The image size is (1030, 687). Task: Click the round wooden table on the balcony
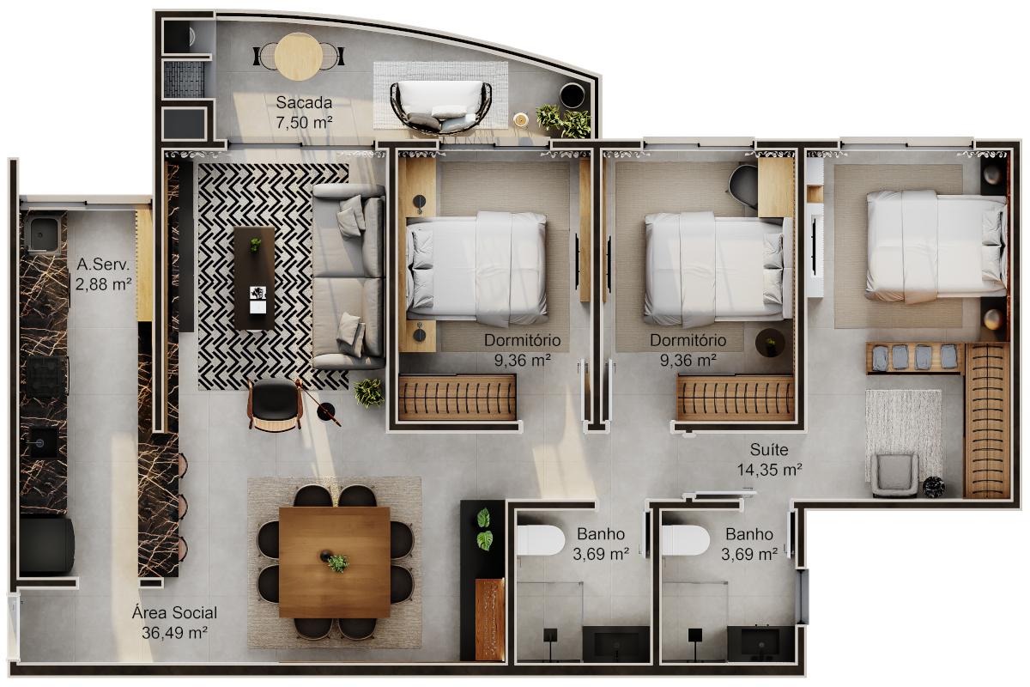[299, 57]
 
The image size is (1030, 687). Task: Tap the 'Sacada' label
[304, 102]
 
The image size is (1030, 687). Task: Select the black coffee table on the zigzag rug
[254, 278]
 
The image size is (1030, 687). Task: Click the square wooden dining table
[334, 562]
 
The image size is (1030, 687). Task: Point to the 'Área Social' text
[174, 612]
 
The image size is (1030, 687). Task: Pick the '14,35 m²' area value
[770, 470]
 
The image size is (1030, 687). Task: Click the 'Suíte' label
[769, 449]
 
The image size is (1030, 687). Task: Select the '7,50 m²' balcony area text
[304, 123]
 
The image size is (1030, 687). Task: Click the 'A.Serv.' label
[103, 264]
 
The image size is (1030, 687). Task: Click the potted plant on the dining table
[337, 562]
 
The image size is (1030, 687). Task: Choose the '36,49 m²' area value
[174, 633]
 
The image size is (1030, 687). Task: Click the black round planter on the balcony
[572, 95]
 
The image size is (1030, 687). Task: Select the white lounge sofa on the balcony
[440, 106]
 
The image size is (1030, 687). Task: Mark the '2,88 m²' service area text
[104, 284]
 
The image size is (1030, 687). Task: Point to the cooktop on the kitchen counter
[47, 376]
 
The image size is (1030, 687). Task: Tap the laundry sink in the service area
[42, 234]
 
